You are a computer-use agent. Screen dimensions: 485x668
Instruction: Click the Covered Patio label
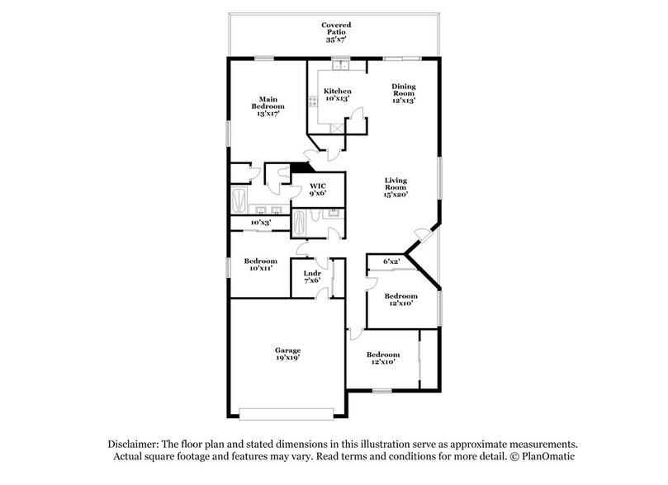point(337,32)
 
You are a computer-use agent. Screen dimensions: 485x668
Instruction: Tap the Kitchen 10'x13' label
point(337,94)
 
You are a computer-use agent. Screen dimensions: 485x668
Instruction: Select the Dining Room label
point(403,93)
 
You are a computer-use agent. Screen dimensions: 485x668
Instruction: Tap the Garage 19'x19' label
point(287,355)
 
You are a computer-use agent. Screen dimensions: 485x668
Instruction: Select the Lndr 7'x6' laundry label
point(311,276)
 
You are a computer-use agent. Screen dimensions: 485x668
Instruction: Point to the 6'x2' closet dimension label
point(391,261)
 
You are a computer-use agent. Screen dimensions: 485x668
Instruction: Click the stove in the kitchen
point(312,104)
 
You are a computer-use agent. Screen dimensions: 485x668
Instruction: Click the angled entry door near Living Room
point(423,236)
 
